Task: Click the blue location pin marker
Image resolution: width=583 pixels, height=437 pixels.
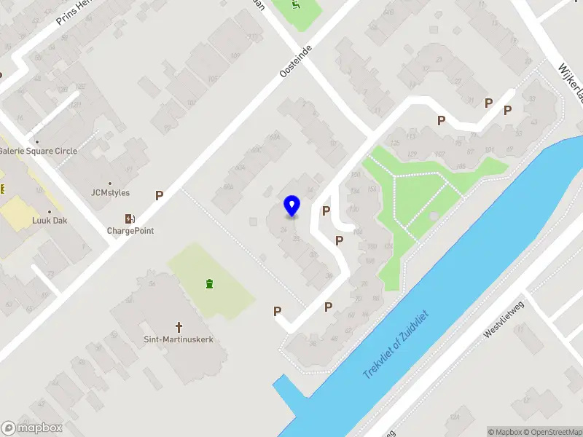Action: coord(292,206)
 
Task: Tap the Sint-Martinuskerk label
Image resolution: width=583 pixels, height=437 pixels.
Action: coord(179,339)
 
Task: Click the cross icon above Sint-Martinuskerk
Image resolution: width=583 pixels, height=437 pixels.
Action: coord(179,327)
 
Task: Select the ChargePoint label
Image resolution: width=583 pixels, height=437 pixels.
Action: coord(130,231)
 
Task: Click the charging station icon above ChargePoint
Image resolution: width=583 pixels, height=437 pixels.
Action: coord(130,219)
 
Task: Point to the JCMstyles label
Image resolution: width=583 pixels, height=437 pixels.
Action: coord(110,193)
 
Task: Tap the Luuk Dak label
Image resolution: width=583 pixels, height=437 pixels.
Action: coord(49,220)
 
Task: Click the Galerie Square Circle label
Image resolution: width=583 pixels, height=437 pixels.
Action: coord(38,151)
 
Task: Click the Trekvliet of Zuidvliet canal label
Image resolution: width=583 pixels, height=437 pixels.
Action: coord(397,344)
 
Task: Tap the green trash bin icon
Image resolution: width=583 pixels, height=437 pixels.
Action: coord(210,283)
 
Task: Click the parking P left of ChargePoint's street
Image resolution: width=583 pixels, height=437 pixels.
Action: coord(159,195)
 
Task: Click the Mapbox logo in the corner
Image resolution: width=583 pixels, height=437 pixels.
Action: coord(32,428)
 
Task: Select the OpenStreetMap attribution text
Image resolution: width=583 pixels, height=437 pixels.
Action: coord(552,432)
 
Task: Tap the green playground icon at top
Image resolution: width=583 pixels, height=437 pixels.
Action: coord(296,7)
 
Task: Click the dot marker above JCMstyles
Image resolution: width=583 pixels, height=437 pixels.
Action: coord(110,184)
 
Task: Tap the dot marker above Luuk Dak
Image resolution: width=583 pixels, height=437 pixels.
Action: coord(49,211)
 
